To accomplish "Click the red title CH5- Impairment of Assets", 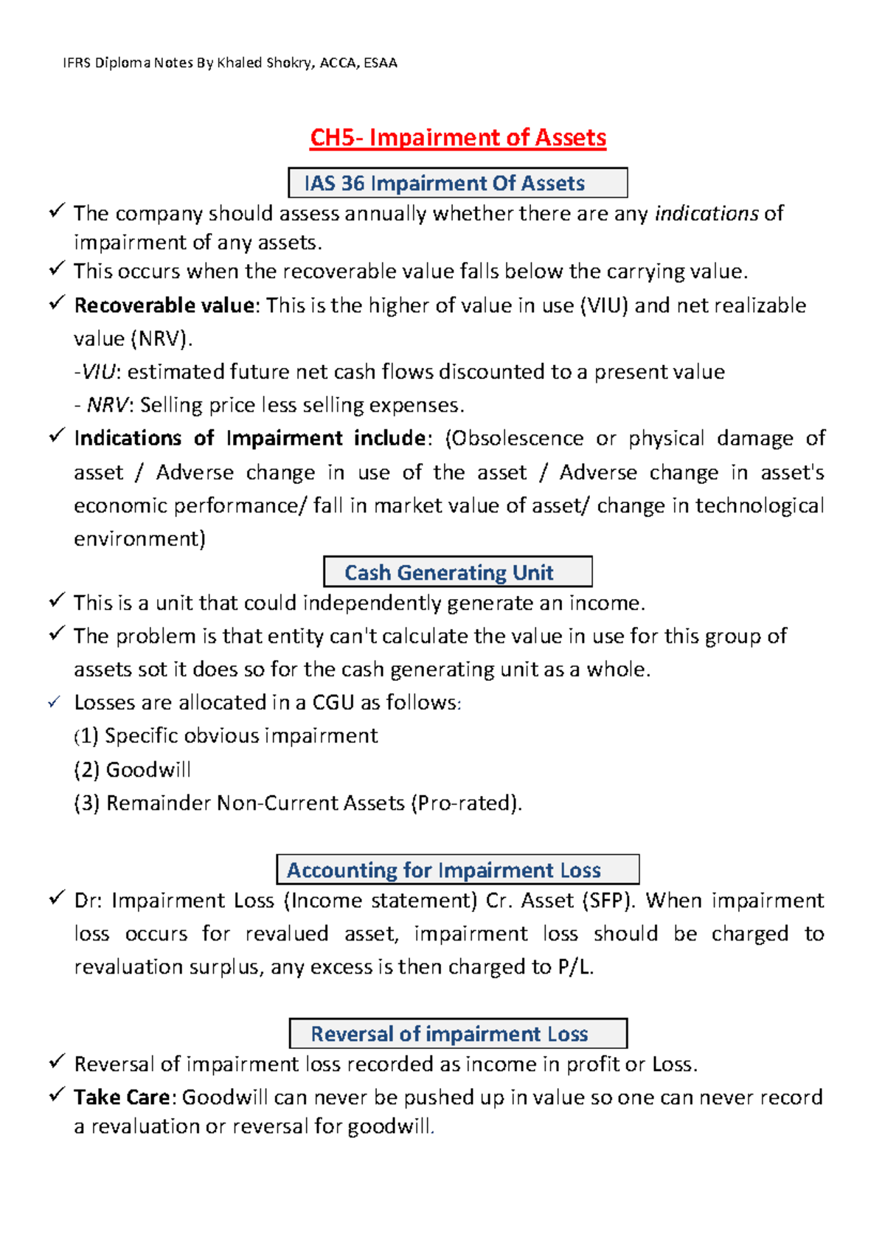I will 457,138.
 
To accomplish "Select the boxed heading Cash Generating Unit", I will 449,572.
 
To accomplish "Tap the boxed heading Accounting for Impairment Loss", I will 444,870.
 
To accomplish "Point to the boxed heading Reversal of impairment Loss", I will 449,1034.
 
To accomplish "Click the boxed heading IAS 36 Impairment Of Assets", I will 445,183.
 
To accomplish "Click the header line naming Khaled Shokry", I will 230,63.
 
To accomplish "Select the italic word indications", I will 707,214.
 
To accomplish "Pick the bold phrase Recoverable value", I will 164,305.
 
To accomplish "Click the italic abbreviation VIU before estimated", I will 98,372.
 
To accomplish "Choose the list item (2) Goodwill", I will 133,770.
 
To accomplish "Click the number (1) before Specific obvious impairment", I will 86,736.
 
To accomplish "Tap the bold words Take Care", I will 122,1098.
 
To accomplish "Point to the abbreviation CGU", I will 333,703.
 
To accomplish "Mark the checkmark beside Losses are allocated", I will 54,703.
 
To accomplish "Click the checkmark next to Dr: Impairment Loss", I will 57,898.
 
